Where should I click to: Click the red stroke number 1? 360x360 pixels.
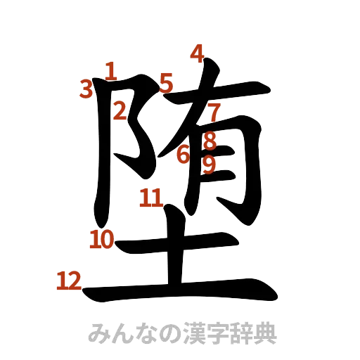coord(110,69)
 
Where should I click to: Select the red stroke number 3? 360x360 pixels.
coord(86,89)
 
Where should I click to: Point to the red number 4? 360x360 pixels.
coord(197,53)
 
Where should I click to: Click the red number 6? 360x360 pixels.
coord(184,154)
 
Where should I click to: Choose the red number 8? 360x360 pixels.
coord(209,141)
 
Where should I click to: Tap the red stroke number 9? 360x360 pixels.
coord(209,165)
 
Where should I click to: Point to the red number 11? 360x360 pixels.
coord(150,198)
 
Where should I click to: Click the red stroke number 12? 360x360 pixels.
coord(69,282)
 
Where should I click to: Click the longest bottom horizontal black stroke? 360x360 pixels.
coord(176,290)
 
